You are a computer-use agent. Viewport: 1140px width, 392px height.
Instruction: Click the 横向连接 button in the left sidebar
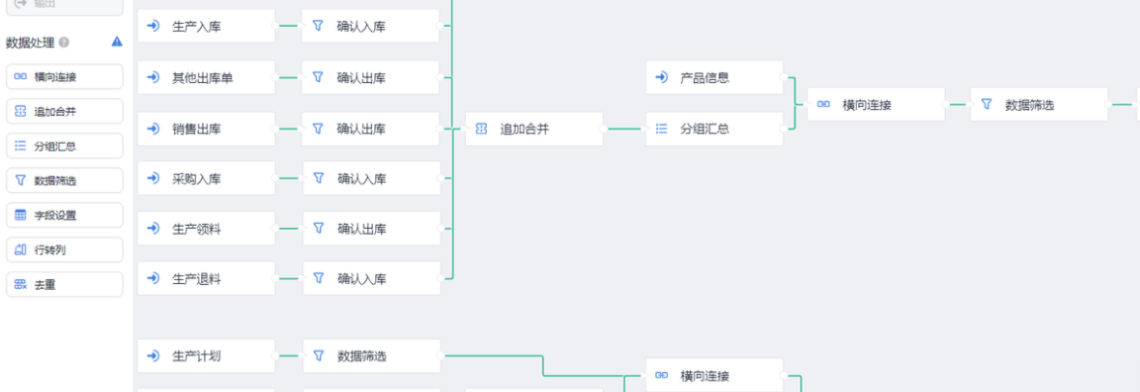64,77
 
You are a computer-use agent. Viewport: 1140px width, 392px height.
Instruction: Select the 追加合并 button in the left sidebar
64,112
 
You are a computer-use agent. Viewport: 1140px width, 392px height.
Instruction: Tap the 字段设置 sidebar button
64,215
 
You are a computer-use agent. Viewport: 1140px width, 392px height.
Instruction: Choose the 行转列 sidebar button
64,249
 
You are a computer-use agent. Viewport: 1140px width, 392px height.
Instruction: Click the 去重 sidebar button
64,284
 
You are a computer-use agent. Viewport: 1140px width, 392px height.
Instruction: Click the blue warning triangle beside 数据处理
117,43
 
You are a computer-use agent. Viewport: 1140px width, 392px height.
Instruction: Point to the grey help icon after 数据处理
64,43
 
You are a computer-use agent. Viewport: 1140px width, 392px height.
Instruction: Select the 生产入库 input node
206,27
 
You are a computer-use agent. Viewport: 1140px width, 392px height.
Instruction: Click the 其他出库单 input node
206,77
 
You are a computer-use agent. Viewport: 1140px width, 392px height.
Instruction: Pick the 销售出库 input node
206,129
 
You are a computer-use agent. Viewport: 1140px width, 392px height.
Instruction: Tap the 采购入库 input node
206,178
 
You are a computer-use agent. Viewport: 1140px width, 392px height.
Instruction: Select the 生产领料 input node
206,229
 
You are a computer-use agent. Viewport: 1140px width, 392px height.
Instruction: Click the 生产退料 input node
206,279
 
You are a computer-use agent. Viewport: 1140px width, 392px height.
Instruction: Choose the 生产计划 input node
206,356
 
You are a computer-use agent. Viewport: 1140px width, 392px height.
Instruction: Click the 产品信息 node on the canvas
714,77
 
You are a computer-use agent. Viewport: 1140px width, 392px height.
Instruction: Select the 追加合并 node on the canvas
534,129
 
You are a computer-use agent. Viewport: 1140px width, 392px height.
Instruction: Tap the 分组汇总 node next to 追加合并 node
714,129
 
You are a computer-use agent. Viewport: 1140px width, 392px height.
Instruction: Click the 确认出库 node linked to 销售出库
371,129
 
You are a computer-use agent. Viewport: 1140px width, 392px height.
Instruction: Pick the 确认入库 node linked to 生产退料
371,279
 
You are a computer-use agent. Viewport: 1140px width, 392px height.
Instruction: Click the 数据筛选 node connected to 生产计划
371,356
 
